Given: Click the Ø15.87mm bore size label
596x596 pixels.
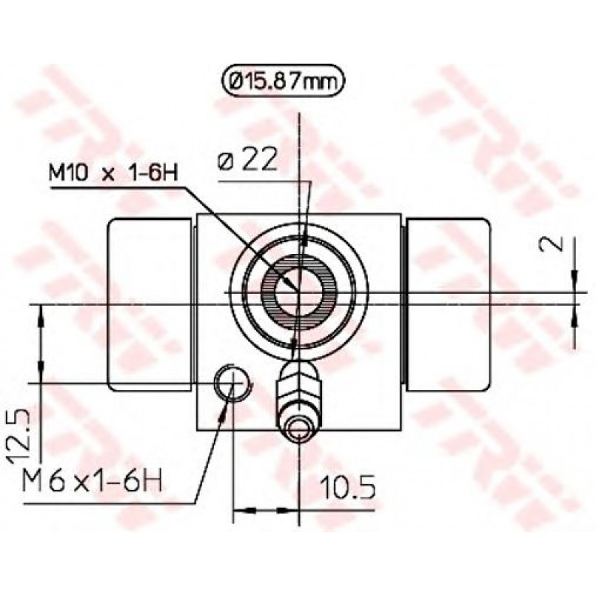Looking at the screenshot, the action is [282, 81].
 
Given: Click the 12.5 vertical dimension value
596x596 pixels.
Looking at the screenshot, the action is [19, 436].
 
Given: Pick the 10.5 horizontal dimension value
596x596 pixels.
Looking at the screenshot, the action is [347, 487].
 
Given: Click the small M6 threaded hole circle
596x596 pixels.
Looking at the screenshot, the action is [232, 382].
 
